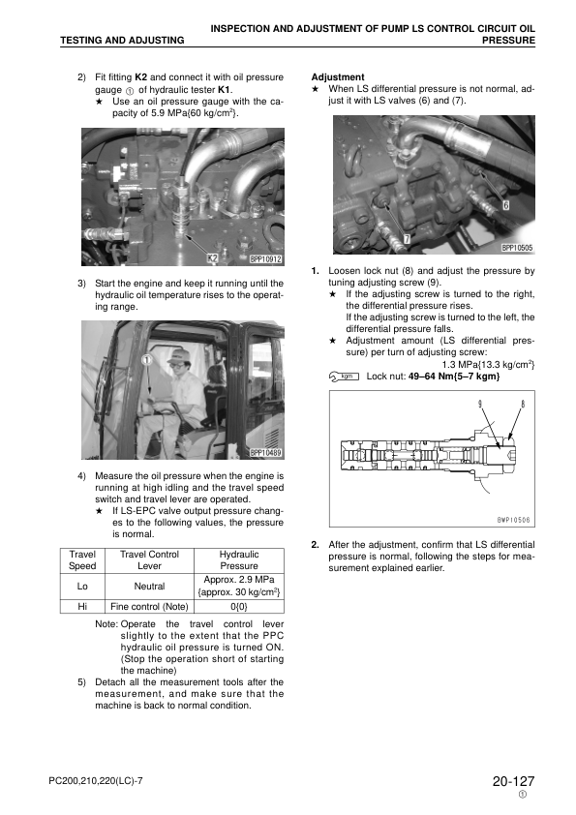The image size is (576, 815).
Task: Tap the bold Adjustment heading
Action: pyautogui.click(x=338, y=76)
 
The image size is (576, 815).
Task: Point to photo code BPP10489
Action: pyautogui.click(x=265, y=452)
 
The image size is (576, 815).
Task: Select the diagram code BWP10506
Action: pyautogui.click(x=515, y=520)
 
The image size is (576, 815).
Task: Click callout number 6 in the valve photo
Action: pyautogui.click(x=506, y=205)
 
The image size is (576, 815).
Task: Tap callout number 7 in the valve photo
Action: pyautogui.click(x=406, y=238)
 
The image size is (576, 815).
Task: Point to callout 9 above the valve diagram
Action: pyautogui.click(x=480, y=403)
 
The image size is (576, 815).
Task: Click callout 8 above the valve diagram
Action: pyautogui.click(x=522, y=403)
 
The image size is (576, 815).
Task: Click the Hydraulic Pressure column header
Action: pyautogui.click(x=238, y=559)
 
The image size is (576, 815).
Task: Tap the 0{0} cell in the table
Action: pyautogui.click(x=238, y=606)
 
